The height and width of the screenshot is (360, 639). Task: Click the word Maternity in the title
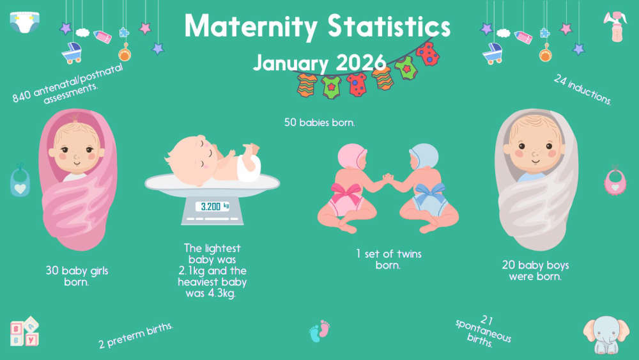(x=250, y=26)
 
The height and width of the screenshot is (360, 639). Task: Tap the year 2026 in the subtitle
(x=360, y=63)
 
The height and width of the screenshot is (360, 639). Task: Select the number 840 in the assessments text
(x=21, y=96)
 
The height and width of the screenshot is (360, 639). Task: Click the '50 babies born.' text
(x=319, y=122)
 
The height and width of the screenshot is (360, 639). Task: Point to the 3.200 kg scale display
(x=212, y=207)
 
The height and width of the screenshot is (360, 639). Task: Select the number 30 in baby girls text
(x=52, y=270)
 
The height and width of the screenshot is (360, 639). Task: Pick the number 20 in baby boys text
(x=508, y=265)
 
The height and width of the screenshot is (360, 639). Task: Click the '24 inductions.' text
(x=583, y=90)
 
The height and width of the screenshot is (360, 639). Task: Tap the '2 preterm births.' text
(x=136, y=336)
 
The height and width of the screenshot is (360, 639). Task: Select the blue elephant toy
(x=606, y=334)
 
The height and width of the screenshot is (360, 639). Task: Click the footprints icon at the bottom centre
(x=319, y=331)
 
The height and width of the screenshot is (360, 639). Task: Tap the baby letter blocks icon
(x=25, y=331)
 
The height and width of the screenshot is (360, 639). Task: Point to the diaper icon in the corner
(x=25, y=22)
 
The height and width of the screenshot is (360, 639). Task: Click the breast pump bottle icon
(x=615, y=26)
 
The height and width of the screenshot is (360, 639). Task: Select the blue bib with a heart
(x=20, y=180)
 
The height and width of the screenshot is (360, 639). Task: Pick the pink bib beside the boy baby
(x=615, y=180)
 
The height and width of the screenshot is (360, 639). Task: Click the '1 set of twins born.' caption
(x=389, y=260)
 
